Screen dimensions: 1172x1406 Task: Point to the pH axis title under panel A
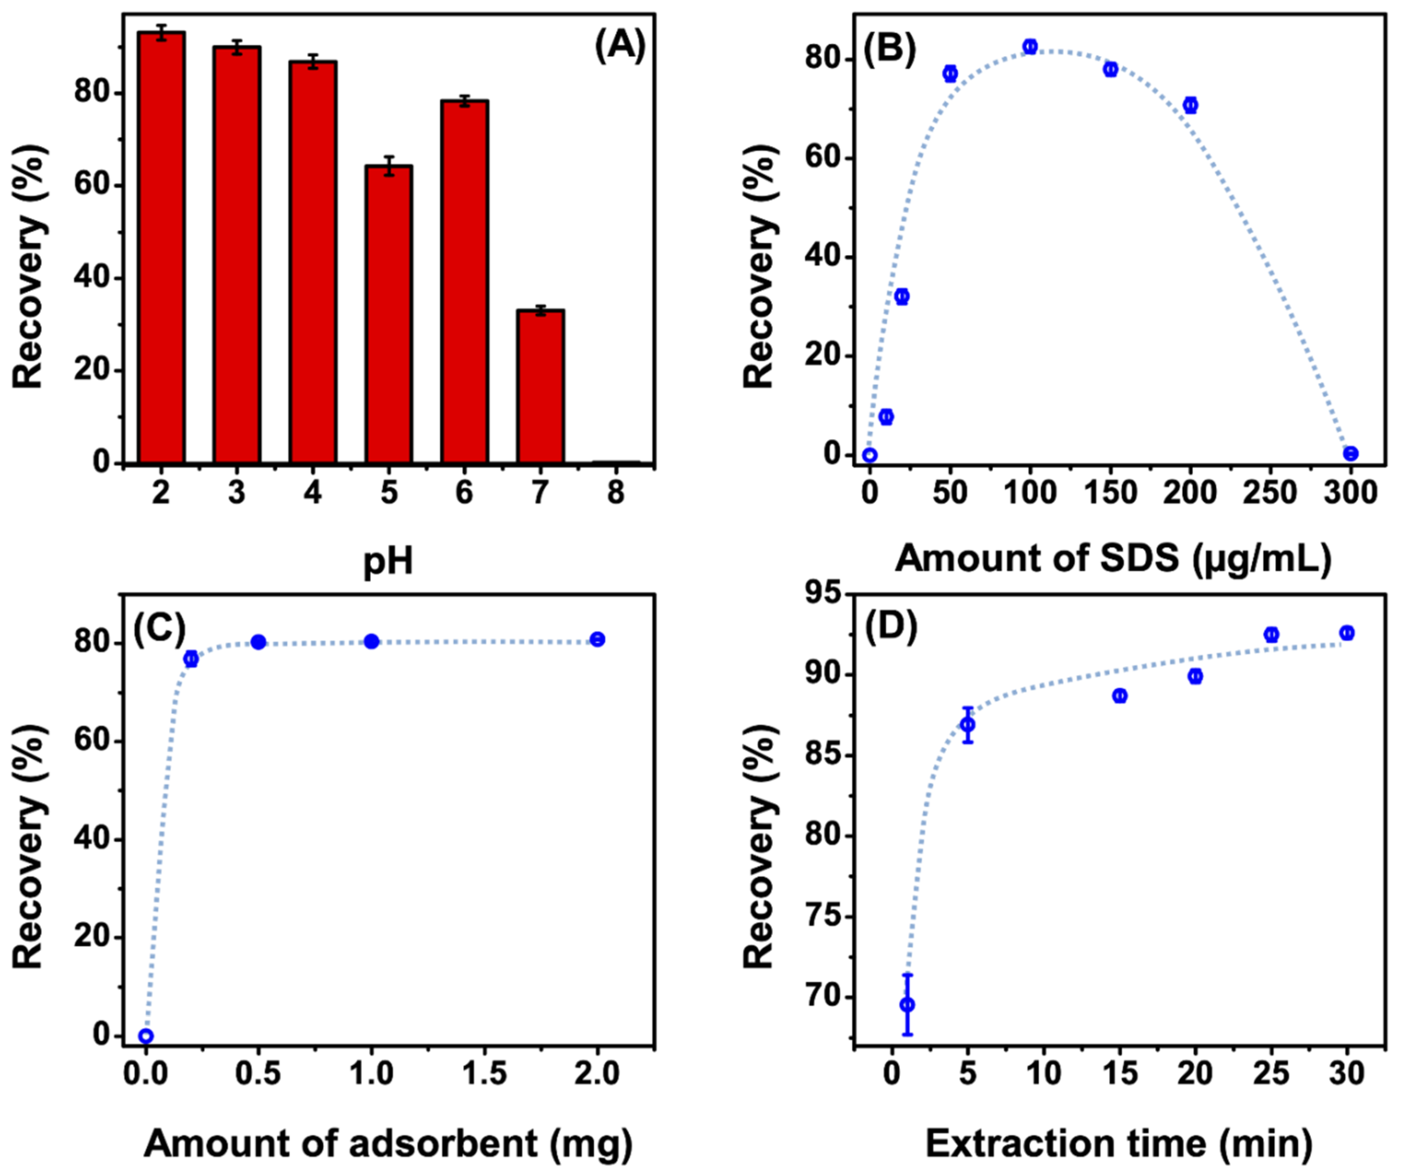click(388, 561)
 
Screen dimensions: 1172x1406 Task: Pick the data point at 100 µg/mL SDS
click(1030, 46)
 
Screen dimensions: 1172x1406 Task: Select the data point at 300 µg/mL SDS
click(1350, 454)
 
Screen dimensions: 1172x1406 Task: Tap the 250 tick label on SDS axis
click(1270, 494)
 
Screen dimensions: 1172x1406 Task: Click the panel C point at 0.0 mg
click(146, 1036)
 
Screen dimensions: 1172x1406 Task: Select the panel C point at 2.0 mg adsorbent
click(597, 640)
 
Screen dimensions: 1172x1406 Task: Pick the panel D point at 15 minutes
click(1119, 696)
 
